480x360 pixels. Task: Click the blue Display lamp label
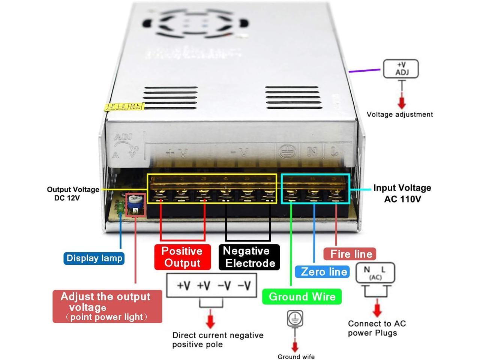point(94,258)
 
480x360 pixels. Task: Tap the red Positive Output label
point(182,257)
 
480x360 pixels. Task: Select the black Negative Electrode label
point(249,257)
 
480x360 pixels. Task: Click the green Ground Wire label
point(302,297)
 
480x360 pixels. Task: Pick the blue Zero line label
point(323,271)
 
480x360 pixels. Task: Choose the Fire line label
point(351,254)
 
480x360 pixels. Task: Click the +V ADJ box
point(401,69)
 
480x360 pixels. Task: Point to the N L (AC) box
point(375,273)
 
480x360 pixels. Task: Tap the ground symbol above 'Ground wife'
point(295,319)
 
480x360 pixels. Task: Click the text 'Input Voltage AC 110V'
point(402,193)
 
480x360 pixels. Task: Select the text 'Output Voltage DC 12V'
point(73,193)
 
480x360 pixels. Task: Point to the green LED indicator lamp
point(120,207)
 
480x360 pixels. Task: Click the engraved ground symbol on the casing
point(288,151)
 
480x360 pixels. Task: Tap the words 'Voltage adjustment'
point(399,114)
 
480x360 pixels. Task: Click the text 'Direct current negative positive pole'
point(217,340)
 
